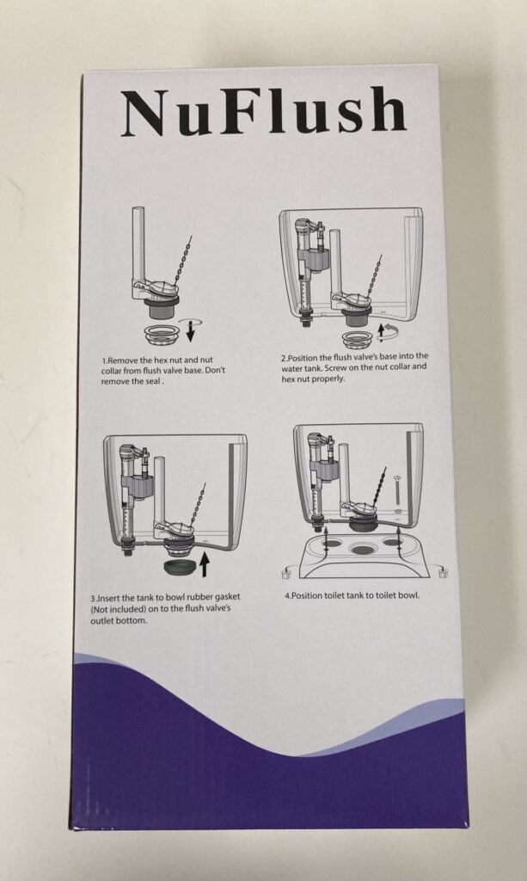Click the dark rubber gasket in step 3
coord(178,569)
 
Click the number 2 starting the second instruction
coord(283,356)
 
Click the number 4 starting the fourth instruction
coord(287,595)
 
